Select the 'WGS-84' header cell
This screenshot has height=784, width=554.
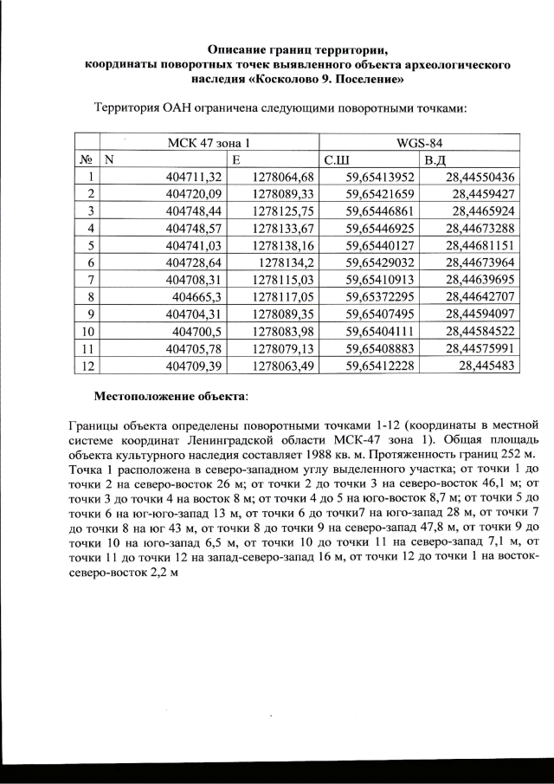pos(418,141)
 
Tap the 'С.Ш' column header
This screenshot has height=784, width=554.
pos(337,160)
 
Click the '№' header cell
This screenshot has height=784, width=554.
pos(87,160)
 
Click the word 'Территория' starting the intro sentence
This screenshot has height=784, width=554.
pos(125,109)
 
